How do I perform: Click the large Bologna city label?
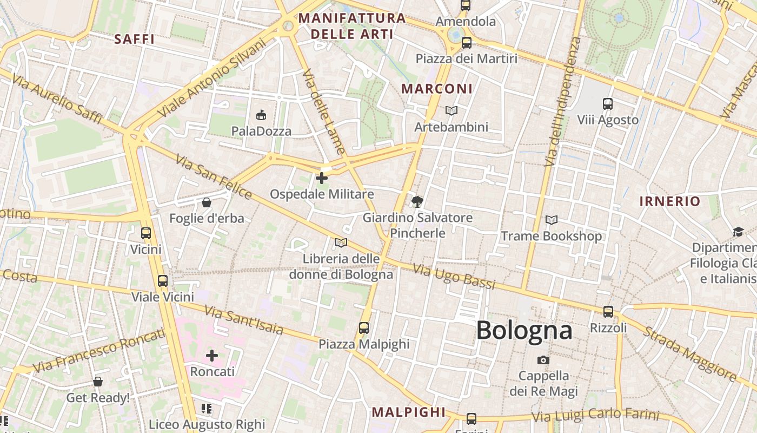524,330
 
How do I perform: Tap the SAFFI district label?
135,39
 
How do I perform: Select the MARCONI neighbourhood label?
437,88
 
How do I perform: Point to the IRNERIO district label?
669,201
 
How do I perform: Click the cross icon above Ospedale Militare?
322,178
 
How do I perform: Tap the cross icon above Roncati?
212,356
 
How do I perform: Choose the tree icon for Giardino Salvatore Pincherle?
417,202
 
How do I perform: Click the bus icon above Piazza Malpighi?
364,328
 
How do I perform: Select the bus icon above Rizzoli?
608,312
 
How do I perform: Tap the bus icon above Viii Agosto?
608,104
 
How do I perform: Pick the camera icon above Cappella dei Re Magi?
543,360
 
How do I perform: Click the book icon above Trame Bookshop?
552,220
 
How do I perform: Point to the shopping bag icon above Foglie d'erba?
206,203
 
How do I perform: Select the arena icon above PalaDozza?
261,115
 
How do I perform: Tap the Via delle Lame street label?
323,111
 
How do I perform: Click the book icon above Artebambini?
451,110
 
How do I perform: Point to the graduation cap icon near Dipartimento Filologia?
738,232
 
